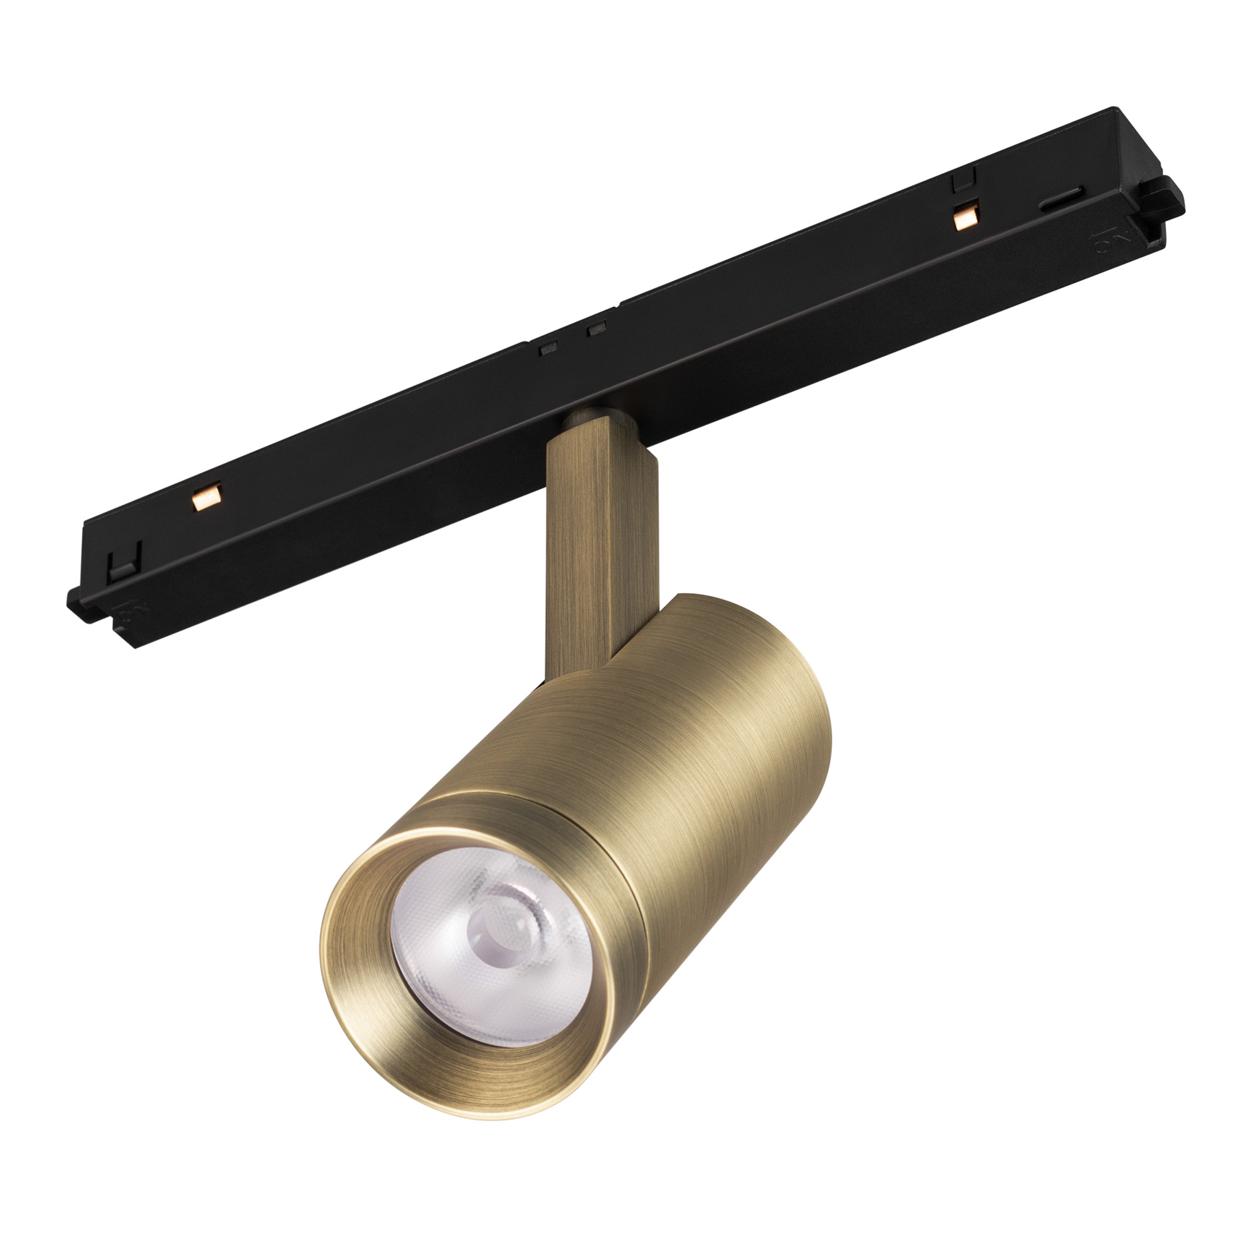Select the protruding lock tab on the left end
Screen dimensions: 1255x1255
(x=80, y=601)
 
